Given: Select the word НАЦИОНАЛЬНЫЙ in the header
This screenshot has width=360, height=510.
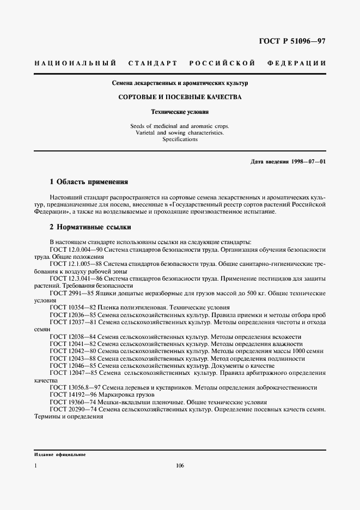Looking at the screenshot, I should (75, 63).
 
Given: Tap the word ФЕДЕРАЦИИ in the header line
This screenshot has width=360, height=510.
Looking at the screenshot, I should (297, 63).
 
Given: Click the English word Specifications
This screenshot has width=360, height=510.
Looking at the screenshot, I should (180, 139).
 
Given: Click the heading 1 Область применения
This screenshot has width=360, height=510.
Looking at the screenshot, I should (89, 181).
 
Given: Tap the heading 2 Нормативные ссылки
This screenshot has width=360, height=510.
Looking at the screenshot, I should (90, 226).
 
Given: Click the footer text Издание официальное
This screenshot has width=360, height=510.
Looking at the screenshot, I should (60, 454).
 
